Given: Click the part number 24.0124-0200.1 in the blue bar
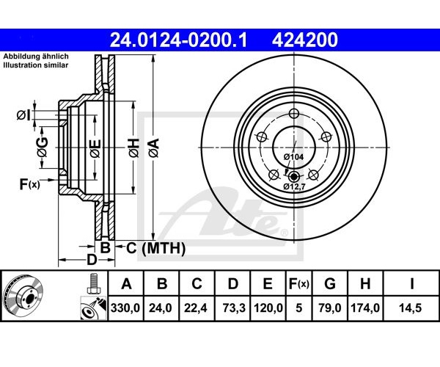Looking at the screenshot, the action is pyautogui.click(x=179, y=40).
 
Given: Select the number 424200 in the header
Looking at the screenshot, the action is pyautogui.click(x=305, y=40).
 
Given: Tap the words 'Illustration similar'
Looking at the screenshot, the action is pyautogui.click(x=36, y=65).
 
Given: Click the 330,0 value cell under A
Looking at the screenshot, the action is pyautogui.click(x=125, y=308).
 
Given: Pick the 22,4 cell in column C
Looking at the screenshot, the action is pyautogui.click(x=196, y=308).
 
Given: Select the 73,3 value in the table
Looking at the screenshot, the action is pyautogui.click(x=234, y=308).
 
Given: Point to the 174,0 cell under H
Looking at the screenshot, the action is pyautogui.click(x=365, y=308).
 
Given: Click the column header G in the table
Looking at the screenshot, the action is pyautogui.click(x=330, y=284).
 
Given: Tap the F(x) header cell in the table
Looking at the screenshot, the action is pyautogui.click(x=299, y=284).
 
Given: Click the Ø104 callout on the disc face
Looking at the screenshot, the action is pyautogui.click(x=293, y=157).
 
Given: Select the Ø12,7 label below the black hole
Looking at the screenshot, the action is pyautogui.click(x=294, y=186).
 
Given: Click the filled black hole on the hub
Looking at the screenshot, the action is pyautogui.click(x=293, y=177).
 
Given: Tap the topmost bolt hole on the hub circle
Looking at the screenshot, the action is pyautogui.click(x=294, y=114).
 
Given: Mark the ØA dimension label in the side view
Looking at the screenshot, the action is pyautogui.click(x=154, y=148).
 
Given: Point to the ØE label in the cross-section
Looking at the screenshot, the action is pyautogui.click(x=95, y=148).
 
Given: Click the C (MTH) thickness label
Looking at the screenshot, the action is pyautogui.click(x=155, y=248).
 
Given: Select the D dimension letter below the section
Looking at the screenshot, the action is pyautogui.click(x=92, y=259).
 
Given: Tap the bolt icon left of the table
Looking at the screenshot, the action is pyautogui.click(x=94, y=283).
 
